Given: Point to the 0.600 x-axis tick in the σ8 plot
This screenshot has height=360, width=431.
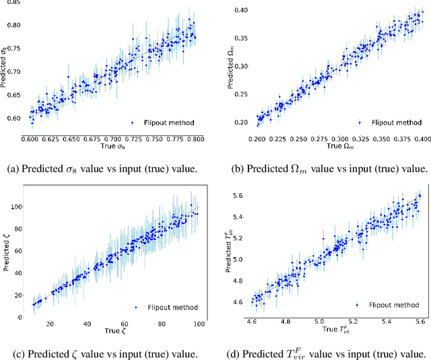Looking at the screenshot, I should (30, 138).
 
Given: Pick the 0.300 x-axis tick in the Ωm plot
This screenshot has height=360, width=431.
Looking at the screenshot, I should (340, 138).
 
